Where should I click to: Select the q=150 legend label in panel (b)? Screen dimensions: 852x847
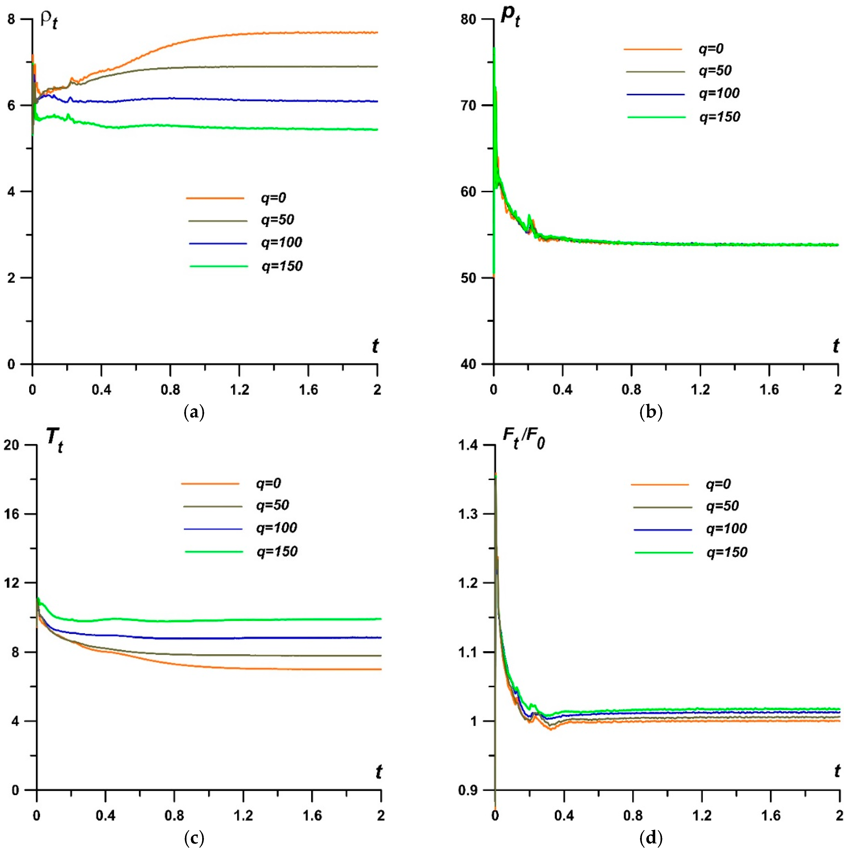720,117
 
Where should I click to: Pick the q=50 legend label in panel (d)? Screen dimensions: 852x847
722,506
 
